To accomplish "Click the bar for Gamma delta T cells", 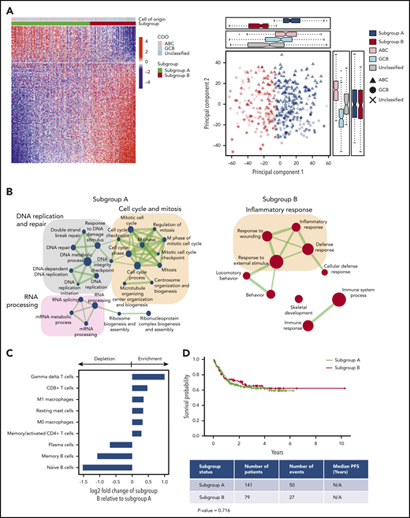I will [x=148, y=376].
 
